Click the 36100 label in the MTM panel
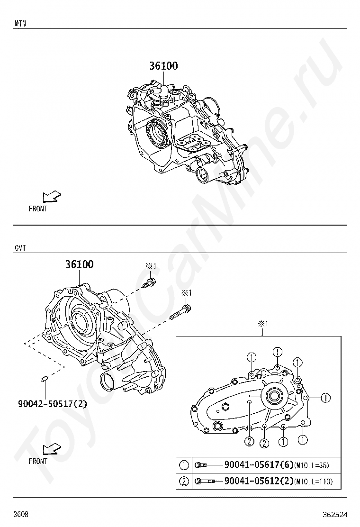[163, 66]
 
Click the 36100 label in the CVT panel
[79, 264]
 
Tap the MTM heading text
[20, 24]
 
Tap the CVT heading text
[20, 248]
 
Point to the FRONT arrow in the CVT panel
[52, 449]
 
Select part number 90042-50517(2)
[53, 403]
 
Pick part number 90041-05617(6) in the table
[259, 465]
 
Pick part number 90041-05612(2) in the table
[259, 481]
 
